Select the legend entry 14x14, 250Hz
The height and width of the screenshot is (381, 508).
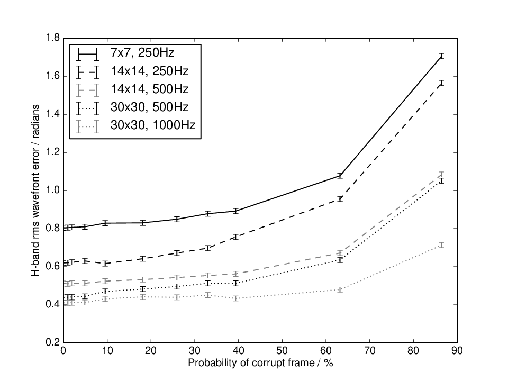coord(132,71)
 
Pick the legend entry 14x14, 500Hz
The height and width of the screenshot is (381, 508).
coord(132,89)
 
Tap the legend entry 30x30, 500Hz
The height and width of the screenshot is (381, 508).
coord(132,107)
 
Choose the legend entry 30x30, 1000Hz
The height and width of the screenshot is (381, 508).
coord(136,125)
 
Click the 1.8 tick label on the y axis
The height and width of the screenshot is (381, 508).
coord(53,38)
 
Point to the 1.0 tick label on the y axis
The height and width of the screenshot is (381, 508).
coord(53,190)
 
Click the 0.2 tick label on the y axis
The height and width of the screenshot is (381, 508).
coord(53,343)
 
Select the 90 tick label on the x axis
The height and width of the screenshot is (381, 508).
coord(457,351)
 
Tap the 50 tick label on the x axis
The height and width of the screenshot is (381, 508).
coord(282,351)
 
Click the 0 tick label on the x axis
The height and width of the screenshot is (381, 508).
coord(63,351)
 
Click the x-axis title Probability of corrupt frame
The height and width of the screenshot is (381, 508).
coord(251,363)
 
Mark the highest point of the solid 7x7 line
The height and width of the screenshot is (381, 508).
coord(441,56)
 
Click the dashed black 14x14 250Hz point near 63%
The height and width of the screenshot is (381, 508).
coord(340,199)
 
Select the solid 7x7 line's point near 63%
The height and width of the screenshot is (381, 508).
coord(340,176)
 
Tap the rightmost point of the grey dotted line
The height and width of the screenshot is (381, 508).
coord(441,245)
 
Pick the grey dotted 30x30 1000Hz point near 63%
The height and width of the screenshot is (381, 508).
coord(340,289)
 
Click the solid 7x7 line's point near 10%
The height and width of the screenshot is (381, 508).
coord(105,223)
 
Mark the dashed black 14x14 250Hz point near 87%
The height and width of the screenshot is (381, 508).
coord(441,83)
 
